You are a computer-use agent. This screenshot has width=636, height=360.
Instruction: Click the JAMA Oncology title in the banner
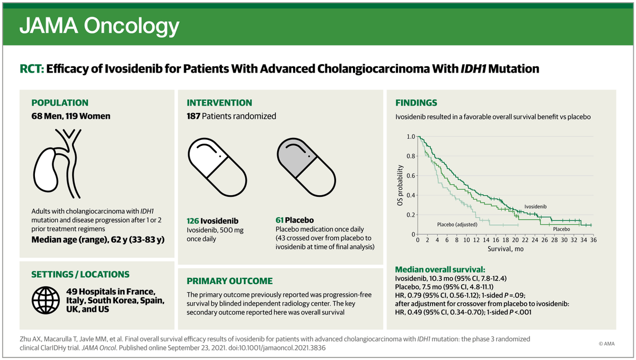99,25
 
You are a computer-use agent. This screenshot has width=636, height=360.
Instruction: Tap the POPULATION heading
60,103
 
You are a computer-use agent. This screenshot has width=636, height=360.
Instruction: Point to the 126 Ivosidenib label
213,220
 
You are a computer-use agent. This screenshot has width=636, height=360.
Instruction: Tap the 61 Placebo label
295,220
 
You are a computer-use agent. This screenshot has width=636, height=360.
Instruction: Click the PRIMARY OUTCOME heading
229,281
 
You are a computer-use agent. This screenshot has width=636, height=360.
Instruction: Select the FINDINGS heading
417,103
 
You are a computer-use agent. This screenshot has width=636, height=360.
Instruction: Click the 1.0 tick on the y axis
410,136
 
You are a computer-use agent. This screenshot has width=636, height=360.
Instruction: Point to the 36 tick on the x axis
590,240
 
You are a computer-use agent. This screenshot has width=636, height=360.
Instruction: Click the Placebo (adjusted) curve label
457,224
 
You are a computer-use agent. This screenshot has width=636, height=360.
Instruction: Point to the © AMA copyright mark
607,343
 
